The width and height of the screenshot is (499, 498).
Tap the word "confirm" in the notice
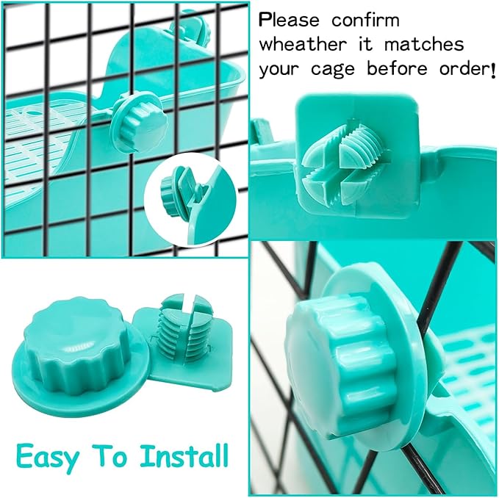[x=365, y=20]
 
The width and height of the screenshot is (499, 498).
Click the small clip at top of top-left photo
[x=188, y=29]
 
